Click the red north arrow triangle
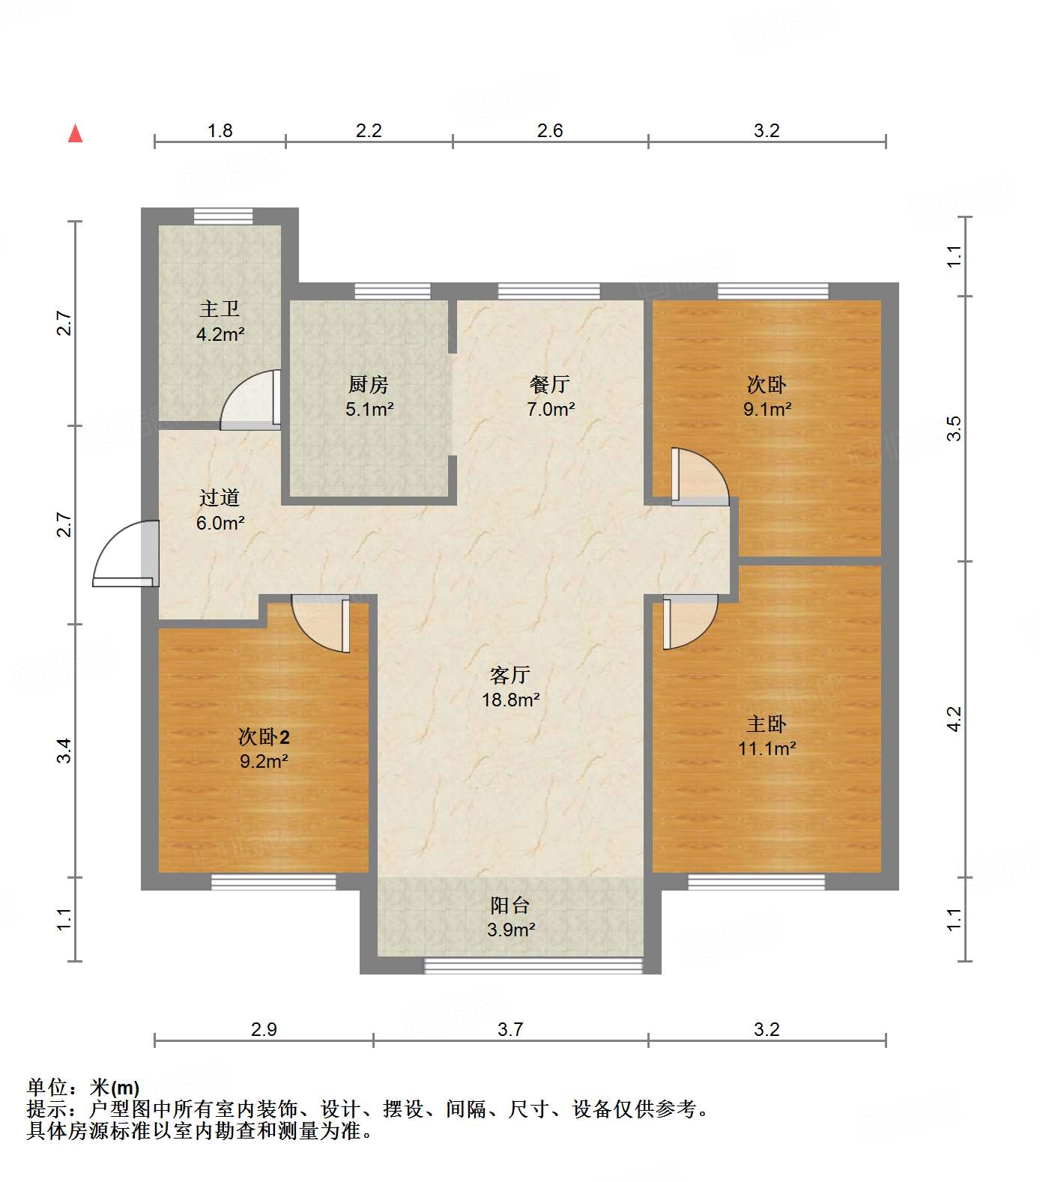75,134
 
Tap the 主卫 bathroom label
220,309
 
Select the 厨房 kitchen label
369,385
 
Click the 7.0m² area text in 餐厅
551,410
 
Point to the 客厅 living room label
510,676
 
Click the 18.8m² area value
511,700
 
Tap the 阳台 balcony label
510,906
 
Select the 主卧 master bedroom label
767,724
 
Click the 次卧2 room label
264,737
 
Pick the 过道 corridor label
220,497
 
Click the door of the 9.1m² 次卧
700,476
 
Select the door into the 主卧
690,621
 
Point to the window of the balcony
533,965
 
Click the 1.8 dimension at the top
220,131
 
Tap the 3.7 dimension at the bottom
510,1029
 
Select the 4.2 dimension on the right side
954,719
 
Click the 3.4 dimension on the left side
65,751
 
